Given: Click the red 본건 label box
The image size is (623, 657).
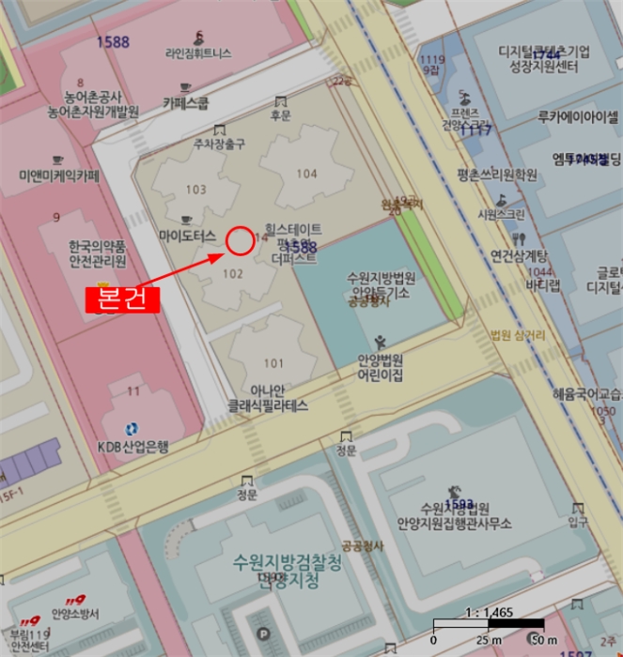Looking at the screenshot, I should (123, 299).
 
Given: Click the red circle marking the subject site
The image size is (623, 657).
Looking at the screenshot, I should (240, 241).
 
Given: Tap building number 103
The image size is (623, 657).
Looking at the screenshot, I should (195, 190).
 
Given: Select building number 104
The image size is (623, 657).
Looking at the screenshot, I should (307, 174).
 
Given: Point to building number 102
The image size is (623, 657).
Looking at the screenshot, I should (233, 274).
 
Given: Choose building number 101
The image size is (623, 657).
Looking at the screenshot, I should (273, 363).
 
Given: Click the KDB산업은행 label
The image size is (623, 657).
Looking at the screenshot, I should (133, 448).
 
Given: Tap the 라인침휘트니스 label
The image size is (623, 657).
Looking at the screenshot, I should (197, 54).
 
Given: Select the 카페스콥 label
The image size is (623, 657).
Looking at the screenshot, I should (185, 102).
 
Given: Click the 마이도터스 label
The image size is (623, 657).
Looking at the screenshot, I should (188, 235).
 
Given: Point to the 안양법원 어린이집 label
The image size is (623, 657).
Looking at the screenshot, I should (381, 367).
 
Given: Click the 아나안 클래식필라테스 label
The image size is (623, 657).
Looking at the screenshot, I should (269, 399).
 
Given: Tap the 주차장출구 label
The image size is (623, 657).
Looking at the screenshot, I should (219, 144).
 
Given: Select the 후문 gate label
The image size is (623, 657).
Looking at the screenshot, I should (280, 115).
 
